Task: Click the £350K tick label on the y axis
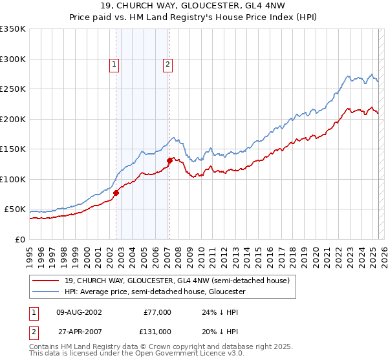[x=12, y=29]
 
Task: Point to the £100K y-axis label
[x=12, y=179]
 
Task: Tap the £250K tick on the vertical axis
[x=12, y=89]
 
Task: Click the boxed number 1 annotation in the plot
[x=114, y=63]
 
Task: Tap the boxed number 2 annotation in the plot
[x=167, y=63]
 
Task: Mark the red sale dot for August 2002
[x=116, y=193]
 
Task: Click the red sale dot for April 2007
[x=169, y=160]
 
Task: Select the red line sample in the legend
[x=46, y=281]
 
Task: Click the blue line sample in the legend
[x=46, y=292]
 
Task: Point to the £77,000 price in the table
[x=157, y=312]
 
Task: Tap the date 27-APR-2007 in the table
[x=79, y=331]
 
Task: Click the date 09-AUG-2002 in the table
[x=79, y=312]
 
